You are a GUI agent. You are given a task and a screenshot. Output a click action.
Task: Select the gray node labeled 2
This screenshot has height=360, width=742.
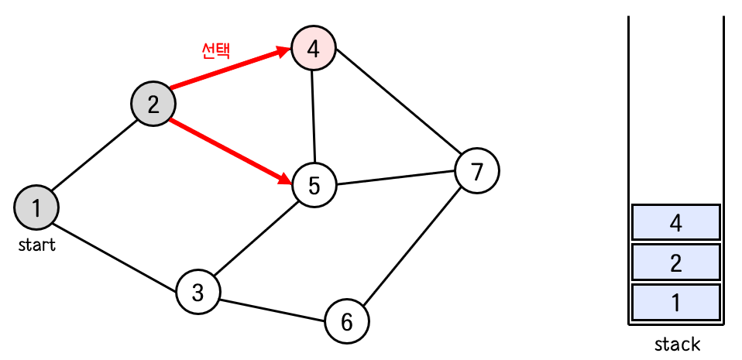tap(153, 105)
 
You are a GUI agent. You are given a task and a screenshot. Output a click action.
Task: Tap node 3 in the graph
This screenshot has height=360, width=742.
tap(198, 292)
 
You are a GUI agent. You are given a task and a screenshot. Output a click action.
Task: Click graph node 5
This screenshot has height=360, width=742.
tap(314, 184)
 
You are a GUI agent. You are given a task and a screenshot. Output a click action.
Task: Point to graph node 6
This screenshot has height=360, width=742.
tap(346, 321)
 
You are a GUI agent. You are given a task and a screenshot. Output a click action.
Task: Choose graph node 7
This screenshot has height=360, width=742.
tap(477, 170)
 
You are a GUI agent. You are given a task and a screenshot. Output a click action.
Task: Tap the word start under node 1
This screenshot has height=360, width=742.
tap(36, 246)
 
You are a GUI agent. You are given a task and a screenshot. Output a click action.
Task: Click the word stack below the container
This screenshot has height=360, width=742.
tap(677, 344)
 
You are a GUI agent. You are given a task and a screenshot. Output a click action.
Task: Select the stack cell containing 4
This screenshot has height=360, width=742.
tap(676, 223)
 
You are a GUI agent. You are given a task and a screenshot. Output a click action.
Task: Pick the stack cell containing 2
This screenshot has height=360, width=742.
tap(676, 262)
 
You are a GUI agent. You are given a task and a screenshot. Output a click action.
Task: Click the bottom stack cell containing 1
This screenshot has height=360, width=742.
tap(676, 303)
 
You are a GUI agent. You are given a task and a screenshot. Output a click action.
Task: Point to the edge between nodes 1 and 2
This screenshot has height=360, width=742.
tap(94, 156)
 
